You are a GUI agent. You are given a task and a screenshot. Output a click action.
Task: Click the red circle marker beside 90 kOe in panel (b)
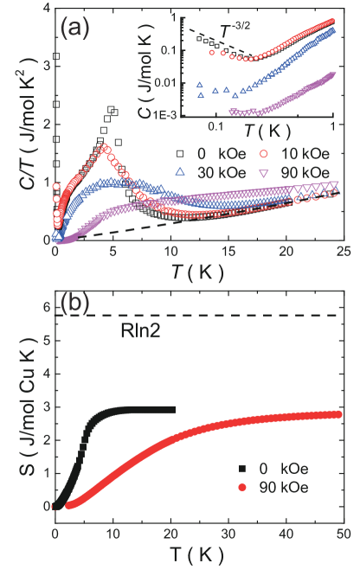(x=242, y=488)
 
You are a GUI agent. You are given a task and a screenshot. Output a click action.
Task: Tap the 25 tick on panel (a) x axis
(x=343, y=253)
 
